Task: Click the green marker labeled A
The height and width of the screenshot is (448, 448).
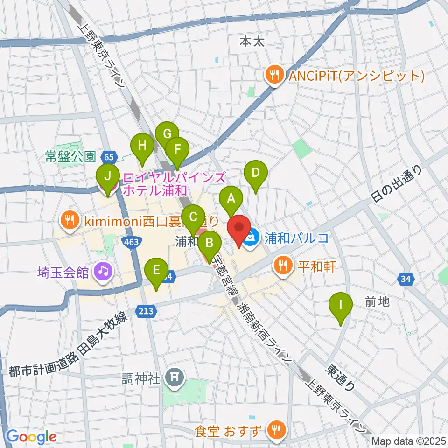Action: [231, 198]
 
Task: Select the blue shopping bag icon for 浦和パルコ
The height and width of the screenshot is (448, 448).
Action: [251, 238]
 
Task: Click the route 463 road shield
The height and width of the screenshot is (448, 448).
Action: [128, 241]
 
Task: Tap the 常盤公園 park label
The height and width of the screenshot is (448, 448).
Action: [70, 156]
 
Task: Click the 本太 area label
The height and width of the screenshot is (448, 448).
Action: [252, 41]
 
